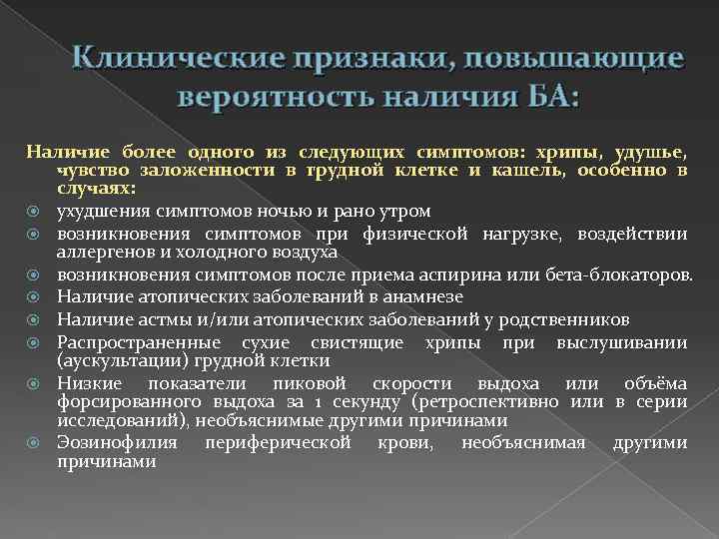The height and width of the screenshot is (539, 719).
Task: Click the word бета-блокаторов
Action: [x=610, y=273]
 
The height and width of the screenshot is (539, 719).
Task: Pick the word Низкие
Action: [x=91, y=383]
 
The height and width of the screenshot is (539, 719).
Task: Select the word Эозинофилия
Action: [x=118, y=442]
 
